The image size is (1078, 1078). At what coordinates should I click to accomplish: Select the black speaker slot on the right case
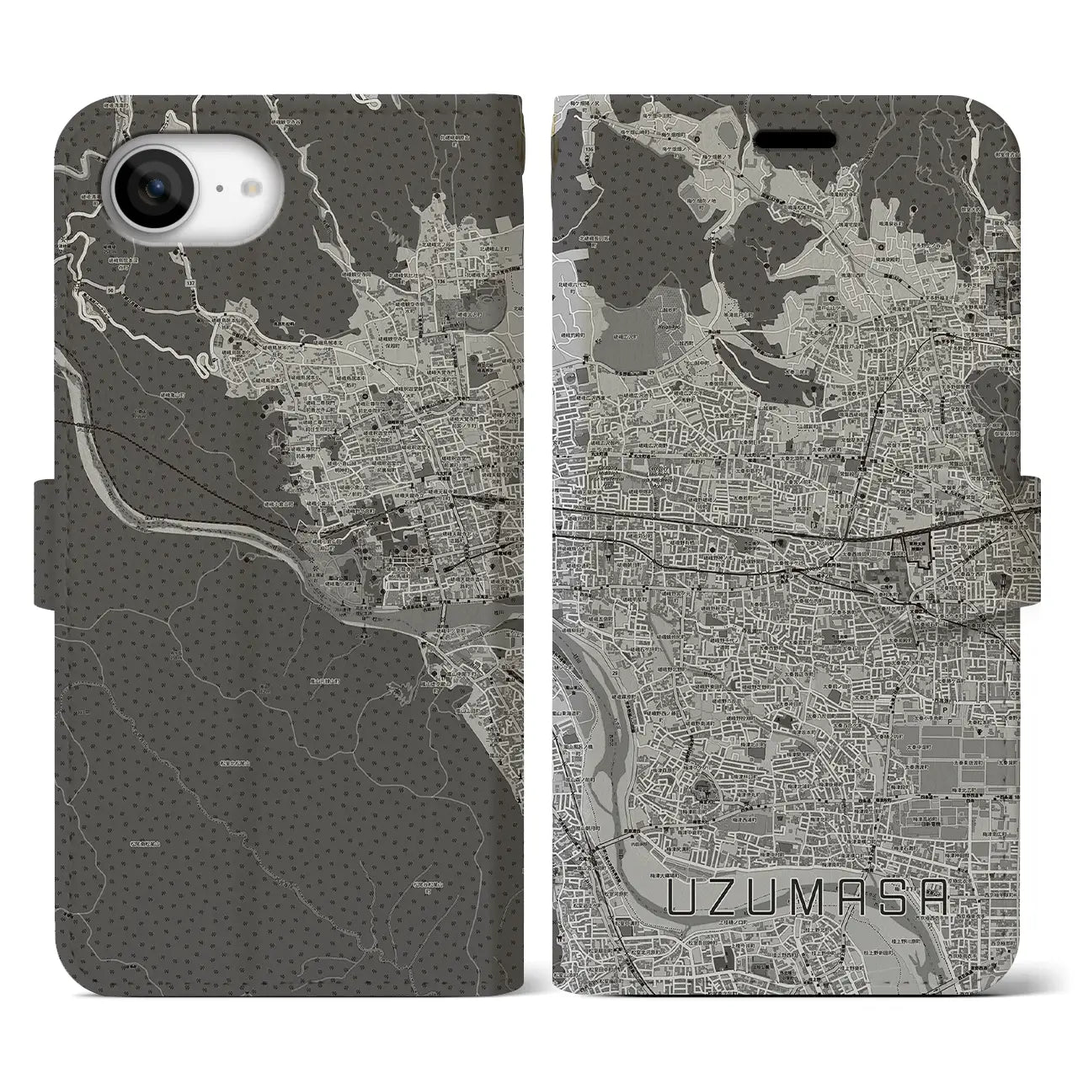[793, 139]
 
